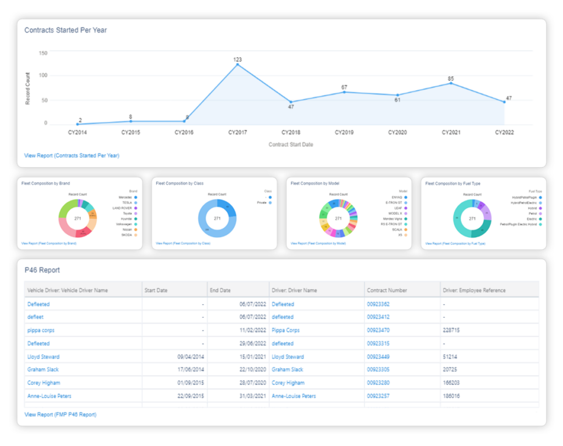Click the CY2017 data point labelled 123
238,64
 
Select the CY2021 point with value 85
451,83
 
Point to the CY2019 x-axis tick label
344,133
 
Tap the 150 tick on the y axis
43,53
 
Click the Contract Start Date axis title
290,145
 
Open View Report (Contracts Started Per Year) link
71,156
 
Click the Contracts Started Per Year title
65,30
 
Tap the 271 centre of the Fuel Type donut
472,218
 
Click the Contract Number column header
387,290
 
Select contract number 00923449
379,357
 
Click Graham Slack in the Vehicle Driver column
43,370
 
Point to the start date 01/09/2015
189,383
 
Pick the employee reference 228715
452,331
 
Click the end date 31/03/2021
252,396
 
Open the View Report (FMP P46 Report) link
60,415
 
